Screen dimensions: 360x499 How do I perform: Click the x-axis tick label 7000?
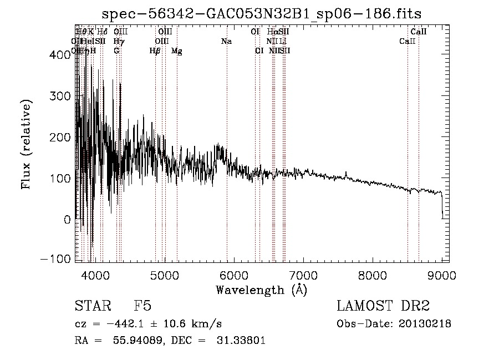303,275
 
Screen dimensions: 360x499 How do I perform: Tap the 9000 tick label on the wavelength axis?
441,275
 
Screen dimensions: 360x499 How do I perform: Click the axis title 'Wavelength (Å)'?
261,290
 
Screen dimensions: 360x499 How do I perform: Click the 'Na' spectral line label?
226,41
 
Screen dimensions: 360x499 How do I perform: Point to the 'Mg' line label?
177,51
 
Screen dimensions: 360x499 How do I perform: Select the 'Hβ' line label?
155,51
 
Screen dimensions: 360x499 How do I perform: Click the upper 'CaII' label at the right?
419,32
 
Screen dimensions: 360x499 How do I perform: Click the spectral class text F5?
142,306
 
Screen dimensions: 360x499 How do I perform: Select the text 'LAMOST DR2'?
383,306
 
